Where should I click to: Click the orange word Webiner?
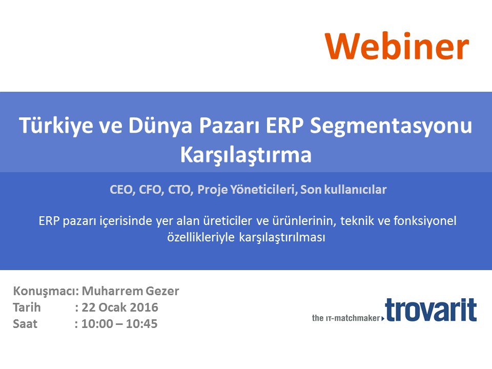397,46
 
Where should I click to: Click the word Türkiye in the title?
56,126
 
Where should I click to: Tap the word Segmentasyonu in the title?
391,126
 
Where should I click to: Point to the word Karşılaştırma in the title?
245,155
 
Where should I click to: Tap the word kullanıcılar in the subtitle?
355,190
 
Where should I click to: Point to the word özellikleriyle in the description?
201,237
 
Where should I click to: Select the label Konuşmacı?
46,292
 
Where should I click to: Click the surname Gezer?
162,292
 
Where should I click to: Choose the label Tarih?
27,307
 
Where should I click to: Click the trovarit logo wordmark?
431,310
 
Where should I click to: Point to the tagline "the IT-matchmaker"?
346,318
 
